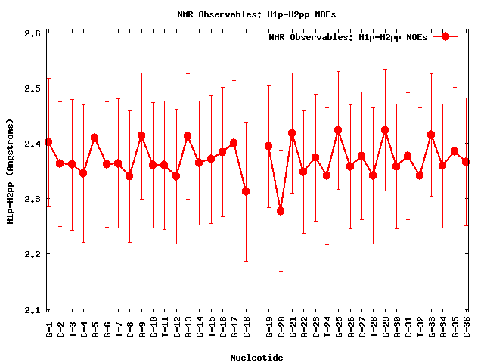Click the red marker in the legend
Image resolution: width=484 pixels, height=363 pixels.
click(445, 36)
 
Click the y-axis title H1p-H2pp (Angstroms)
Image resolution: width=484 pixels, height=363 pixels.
click(10, 171)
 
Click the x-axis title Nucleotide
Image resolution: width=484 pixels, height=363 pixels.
click(257, 358)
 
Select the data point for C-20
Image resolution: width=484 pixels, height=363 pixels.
click(281, 211)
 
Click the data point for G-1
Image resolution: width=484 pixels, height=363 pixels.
click(48, 142)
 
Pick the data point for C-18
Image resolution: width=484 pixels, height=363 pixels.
click(246, 191)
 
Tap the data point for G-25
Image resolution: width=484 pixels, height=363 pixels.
click(338, 130)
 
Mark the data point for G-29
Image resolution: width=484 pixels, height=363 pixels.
click(385, 130)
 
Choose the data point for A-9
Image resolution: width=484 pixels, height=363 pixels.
click(141, 135)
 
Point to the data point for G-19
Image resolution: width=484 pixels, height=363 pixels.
click(268, 146)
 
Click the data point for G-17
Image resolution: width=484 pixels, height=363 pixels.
click(234, 143)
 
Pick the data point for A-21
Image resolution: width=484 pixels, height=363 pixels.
click(292, 133)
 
